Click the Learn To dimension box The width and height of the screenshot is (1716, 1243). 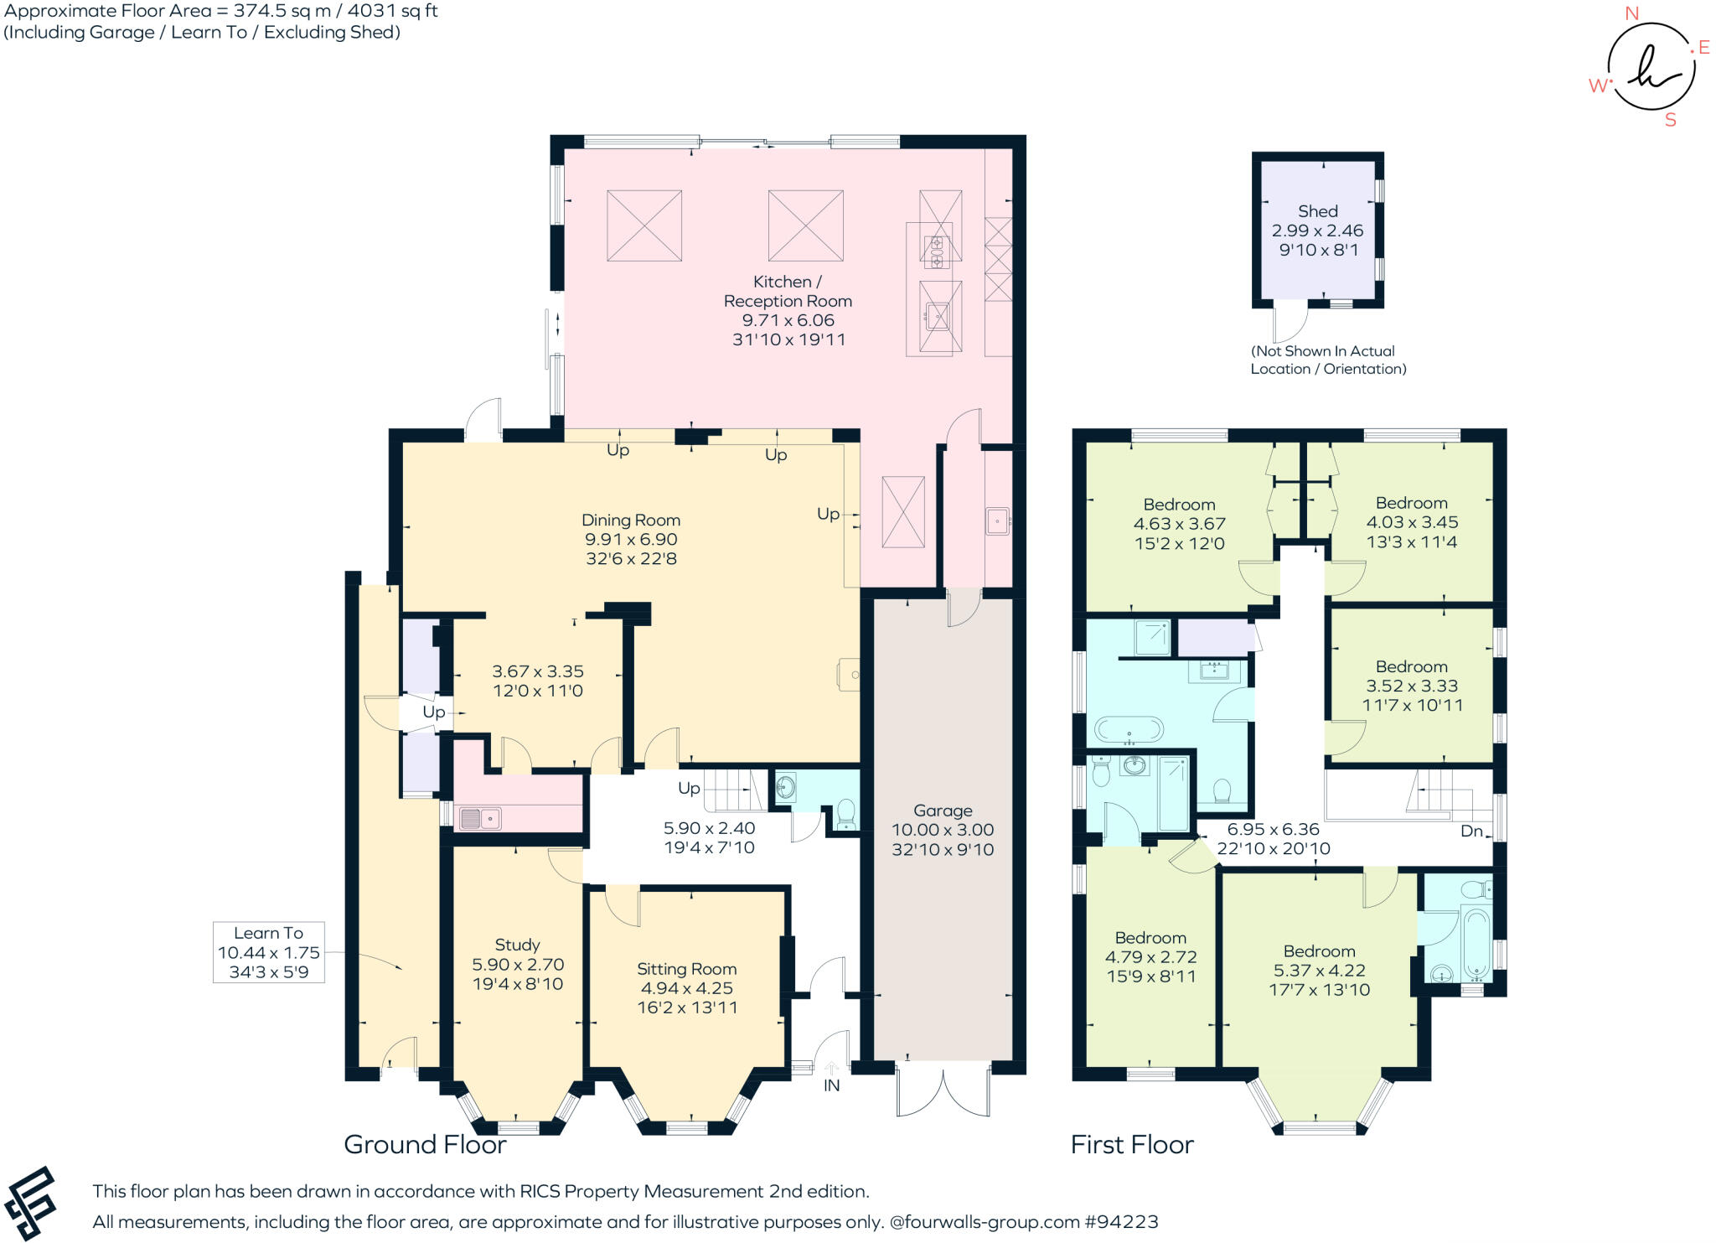click(x=268, y=952)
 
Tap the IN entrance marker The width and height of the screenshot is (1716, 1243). click(x=831, y=1085)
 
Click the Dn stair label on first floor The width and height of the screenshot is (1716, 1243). click(x=1471, y=831)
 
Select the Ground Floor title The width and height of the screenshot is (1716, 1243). click(x=425, y=1145)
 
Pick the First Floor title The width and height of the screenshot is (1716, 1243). click(x=1132, y=1145)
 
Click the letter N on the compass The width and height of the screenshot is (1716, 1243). click(x=1631, y=13)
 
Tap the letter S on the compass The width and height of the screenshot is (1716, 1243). click(x=1671, y=120)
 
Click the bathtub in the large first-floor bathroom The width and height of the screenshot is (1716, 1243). click(x=1129, y=730)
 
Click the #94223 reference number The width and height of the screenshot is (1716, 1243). click(x=1122, y=1221)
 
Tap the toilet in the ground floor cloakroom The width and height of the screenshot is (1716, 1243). click(x=845, y=813)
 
